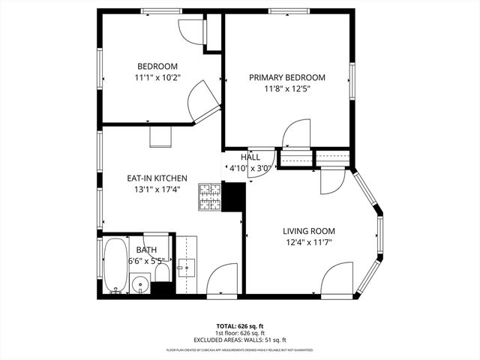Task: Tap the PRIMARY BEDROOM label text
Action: pyautogui.click(x=287, y=77)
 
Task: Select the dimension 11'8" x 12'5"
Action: pyautogui.click(x=287, y=89)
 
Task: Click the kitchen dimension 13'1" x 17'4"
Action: pyautogui.click(x=156, y=190)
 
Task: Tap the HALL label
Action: pyautogui.click(x=250, y=157)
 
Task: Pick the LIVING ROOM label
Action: pyautogui.click(x=308, y=231)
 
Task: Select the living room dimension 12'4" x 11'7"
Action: pyautogui.click(x=308, y=243)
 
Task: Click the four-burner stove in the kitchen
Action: pyautogui.click(x=209, y=196)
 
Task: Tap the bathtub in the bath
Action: pyautogui.click(x=115, y=265)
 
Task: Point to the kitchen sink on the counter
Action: pyautogui.click(x=185, y=266)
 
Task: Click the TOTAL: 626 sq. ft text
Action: pyautogui.click(x=239, y=325)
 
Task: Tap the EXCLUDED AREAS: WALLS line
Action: pyautogui.click(x=239, y=339)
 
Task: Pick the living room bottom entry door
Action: pyautogui.click(x=337, y=277)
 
